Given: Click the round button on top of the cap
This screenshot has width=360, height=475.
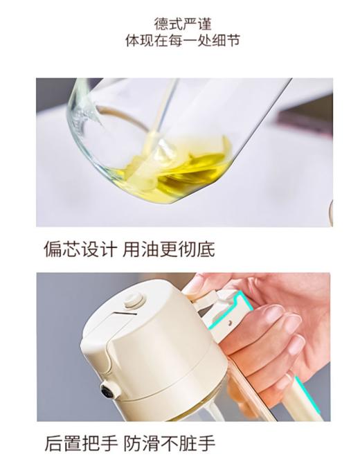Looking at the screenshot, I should pos(133,300).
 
